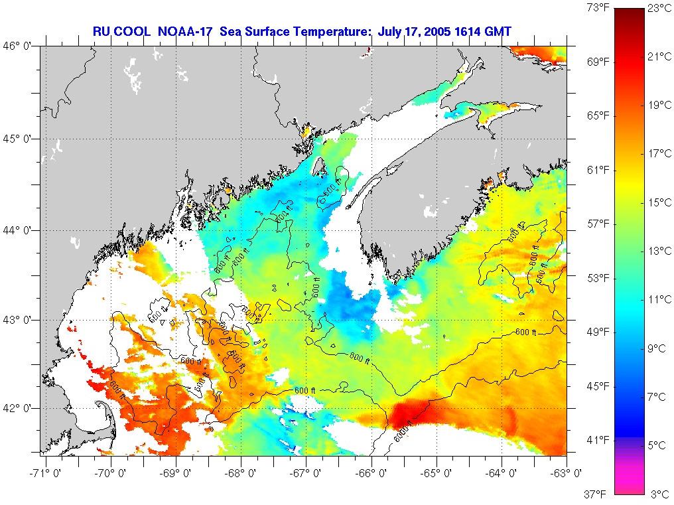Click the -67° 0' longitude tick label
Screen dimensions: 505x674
(306, 473)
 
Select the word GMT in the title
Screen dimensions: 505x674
(496, 31)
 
